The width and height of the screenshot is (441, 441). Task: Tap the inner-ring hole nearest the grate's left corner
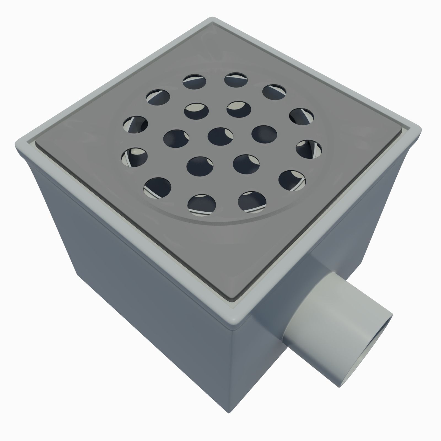point(176,138)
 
